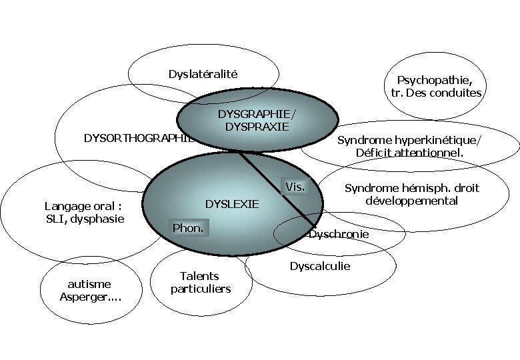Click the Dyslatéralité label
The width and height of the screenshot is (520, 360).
[203, 74]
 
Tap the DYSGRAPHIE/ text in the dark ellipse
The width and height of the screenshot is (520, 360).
[257, 113]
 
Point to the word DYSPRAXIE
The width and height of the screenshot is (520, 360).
[257, 126]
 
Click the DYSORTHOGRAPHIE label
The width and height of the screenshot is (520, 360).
[137, 138]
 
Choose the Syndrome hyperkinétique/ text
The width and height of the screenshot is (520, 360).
[409, 140]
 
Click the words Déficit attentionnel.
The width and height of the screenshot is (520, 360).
[410, 153]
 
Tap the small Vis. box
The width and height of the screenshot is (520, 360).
[295, 187]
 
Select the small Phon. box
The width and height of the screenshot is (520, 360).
[188, 228]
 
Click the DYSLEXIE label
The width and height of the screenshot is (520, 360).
[231, 204]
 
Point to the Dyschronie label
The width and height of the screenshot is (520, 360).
[339, 235]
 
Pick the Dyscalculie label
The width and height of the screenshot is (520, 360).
[319, 266]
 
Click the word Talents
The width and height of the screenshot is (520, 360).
[199, 276]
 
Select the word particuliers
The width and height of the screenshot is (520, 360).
[200, 289]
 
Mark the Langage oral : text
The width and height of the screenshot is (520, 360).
[83, 206]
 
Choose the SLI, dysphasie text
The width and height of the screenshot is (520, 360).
[85, 219]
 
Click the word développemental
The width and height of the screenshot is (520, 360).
[412, 201]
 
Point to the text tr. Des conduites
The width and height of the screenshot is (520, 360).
[436, 93]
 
